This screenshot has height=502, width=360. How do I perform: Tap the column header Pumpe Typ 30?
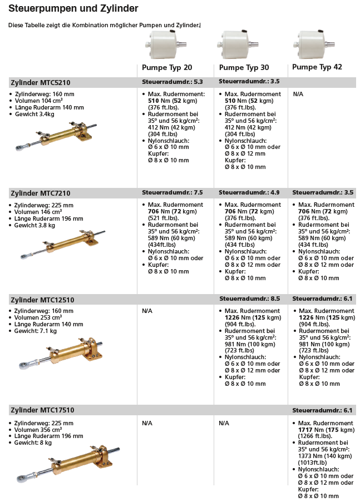pyautogui.click(x=244, y=67)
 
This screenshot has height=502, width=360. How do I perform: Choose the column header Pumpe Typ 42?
pyautogui.click(x=317, y=67)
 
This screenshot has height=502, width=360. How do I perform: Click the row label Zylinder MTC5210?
pyautogui.click(x=40, y=83)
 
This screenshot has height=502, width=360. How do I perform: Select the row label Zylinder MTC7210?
pyautogui.click(x=40, y=193)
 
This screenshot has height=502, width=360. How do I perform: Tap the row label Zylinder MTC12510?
pyautogui.click(x=42, y=300)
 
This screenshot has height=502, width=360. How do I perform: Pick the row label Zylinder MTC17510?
pyautogui.click(x=42, y=410)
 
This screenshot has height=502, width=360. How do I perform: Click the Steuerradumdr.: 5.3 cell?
pyautogui.click(x=172, y=82)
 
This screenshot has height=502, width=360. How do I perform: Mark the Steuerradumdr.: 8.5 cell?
pyautogui.click(x=249, y=299)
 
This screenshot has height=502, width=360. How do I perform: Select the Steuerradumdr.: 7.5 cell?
pyautogui.click(x=172, y=192)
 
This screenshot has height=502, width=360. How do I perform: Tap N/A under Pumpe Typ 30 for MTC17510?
pyautogui.click(x=224, y=423)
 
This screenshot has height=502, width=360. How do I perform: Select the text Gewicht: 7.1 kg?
pyautogui.click(x=36, y=331)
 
